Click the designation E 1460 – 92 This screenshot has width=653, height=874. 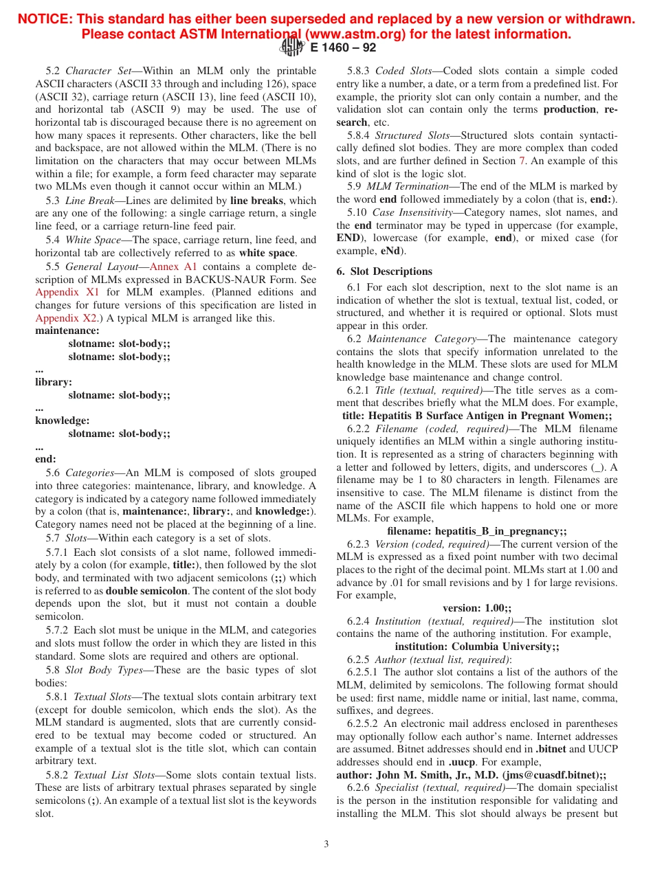click(343, 48)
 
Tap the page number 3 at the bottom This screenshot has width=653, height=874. click(326, 844)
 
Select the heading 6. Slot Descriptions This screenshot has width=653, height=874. click(384, 271)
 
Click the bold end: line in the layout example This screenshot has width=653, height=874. click(46, 459)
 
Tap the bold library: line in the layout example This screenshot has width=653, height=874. click(54, 382)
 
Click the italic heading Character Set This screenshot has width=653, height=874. click(98, 71)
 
